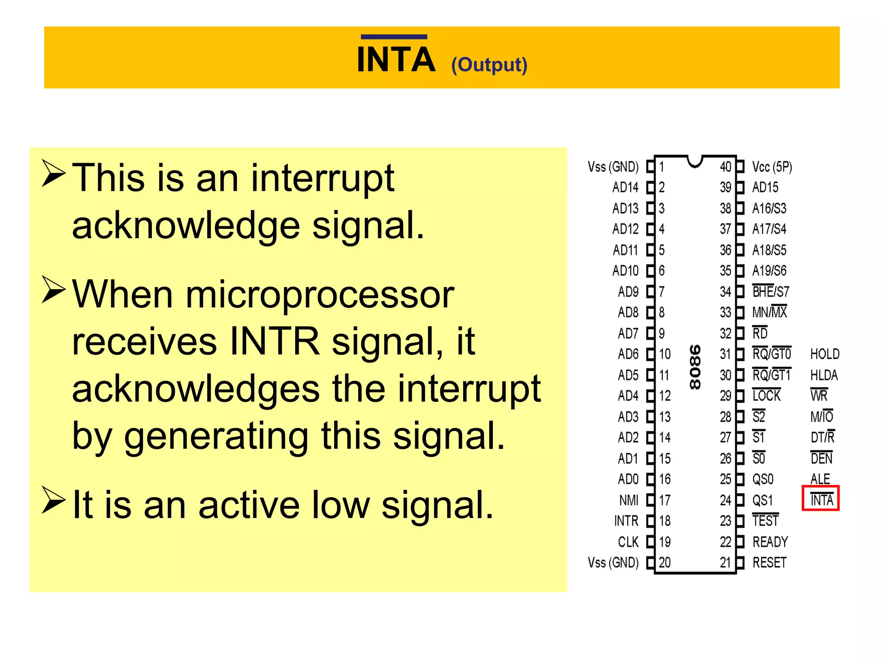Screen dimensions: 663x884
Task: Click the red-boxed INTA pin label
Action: click(x=821, y=499)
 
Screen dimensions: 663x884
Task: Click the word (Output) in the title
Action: click(x=489, y=65)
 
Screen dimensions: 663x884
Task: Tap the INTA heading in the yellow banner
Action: click(x=396, y=60)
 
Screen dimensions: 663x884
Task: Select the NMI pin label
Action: click(x=628, y=500)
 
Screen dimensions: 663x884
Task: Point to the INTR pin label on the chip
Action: click(x=626, y=521)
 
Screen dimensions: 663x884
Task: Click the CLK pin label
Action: click(x=628, y=542)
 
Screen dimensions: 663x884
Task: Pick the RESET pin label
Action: click(x=769, y=562)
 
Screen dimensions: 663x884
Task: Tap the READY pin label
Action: click(x=770, y=542)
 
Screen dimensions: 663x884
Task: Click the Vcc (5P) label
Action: click(x=772, y=167)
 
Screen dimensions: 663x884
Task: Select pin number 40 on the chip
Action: click(x=725, y=167)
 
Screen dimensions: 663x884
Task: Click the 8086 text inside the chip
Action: click(x=695, y=367)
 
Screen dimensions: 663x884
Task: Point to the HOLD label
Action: click(x=824, y=354)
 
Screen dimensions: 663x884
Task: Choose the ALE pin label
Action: click(x=820, y=479)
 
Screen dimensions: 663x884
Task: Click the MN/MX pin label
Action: click(x=769, y=312)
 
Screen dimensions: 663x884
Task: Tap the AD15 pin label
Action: click(x=765, y=187)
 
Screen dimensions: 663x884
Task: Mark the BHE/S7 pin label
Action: click(x=770, y=292)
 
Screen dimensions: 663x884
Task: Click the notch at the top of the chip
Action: click(x=695, y=161)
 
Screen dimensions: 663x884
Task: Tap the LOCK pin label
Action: click(x=766, y=395)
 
